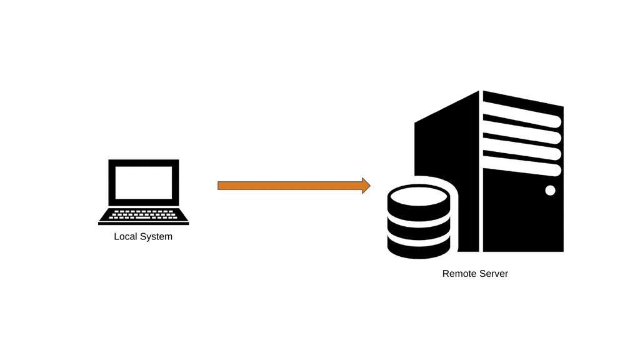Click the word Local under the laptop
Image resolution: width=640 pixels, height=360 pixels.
coord(125,236)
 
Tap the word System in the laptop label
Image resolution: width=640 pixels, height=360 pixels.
coord(156,237)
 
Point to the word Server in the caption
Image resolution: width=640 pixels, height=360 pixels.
coord(493,274)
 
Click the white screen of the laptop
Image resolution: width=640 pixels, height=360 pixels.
coord(144,182)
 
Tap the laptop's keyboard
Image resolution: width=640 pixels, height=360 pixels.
coord(143,214)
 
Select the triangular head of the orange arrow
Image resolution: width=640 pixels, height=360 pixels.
coord(366,186)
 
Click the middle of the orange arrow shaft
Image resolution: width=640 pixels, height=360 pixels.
coord(290,186)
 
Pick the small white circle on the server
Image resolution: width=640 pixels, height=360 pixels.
coord(550,190)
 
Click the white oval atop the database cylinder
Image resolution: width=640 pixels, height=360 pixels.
coord(419,197)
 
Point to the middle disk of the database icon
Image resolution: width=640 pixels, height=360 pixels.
coord(419,229)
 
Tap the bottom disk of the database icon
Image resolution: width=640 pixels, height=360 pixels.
coord(419,247)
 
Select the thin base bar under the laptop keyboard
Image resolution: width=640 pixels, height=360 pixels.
coord(144,223)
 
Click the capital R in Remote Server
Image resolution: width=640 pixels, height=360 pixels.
coord(445,274)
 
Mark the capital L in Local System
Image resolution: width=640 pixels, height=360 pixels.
coord(116,236)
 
